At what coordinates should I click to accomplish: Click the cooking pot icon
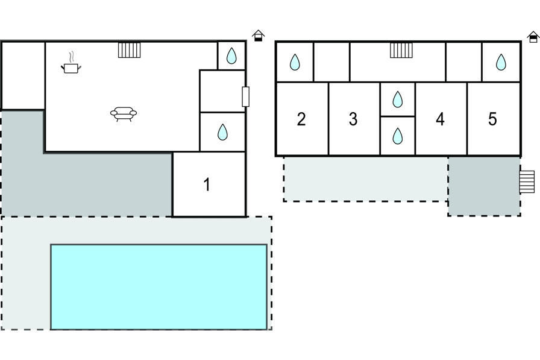pos(71,66)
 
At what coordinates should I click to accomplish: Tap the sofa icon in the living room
pos(124,113)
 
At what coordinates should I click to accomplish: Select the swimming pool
pos(159,286)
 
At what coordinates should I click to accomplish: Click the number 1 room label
pos(207,185)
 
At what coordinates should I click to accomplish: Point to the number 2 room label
pos(301,119)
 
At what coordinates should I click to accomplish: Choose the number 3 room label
pos(353,119)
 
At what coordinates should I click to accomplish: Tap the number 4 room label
pos(440,119)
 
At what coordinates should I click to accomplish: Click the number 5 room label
pos(492,119)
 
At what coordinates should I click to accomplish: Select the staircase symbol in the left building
pos(129,50)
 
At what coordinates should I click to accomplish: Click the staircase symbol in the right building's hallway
pos(401,50)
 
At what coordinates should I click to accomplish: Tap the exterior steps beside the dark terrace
pos(527,182)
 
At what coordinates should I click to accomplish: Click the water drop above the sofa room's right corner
pos(231,56)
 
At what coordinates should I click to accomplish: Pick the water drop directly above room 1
pos(222,132)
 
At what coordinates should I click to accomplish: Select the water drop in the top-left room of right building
pos(295,62)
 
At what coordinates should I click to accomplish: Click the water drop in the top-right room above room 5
pos(501,62)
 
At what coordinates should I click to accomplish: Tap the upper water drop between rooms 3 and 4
pos(397,99)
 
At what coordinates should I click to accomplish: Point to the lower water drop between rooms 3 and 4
pos(397,136)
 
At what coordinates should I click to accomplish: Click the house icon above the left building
pos(259,36)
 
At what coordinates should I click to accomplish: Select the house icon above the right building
pos(533,37)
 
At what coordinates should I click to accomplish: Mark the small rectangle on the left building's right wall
pos(245,96)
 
